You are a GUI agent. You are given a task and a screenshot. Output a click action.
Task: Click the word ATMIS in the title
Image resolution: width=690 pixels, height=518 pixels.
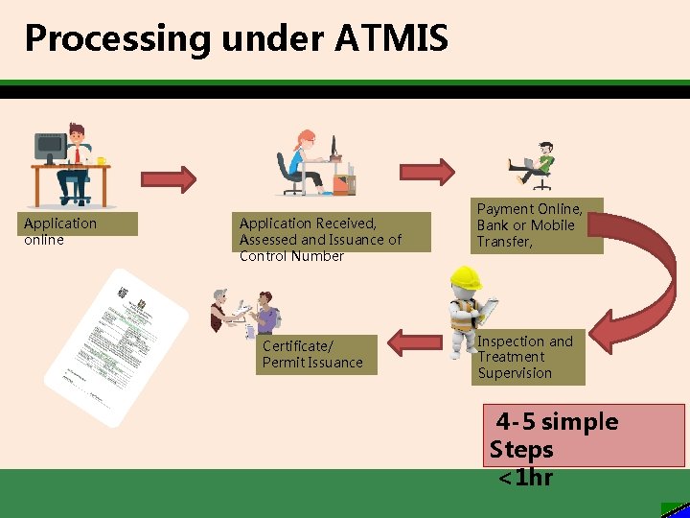pos(392,38)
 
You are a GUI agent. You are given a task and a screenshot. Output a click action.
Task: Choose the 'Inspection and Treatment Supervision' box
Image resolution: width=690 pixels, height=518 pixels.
pos(528,358)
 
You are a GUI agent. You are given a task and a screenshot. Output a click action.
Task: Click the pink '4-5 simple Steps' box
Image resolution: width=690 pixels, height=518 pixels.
pos(585,435)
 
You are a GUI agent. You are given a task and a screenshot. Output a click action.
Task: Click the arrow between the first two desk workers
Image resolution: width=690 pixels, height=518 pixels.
pos(169,178)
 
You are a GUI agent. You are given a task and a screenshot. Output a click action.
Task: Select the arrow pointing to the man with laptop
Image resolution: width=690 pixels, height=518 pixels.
pos(426,172)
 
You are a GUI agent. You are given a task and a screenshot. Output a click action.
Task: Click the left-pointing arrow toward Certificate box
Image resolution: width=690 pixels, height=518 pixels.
pos(414,342)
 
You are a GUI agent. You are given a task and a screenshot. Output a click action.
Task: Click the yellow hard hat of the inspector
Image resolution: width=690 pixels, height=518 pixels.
pos(466,278)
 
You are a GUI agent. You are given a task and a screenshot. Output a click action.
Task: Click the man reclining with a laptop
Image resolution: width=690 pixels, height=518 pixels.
pos(535,164)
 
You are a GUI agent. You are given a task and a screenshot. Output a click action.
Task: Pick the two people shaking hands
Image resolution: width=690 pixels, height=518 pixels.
pos(244,313)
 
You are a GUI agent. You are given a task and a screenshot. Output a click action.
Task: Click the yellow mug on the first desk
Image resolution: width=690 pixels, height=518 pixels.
pos(102,160)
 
